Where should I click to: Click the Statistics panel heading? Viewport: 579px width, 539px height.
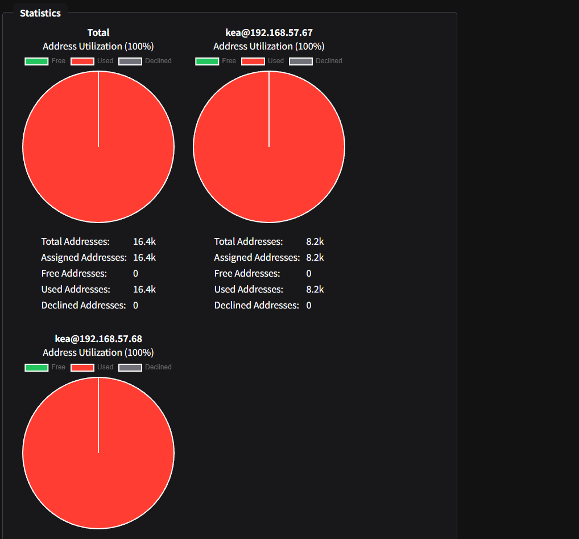[x=40, y=13]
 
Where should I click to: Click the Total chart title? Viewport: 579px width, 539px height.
[x=98, y=32]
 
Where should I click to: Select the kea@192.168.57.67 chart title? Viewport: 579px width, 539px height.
[x=269, y=32]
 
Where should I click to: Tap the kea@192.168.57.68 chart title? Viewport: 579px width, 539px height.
[x=98, y=339]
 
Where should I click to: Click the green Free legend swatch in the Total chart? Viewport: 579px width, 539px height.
[x=36, y=61]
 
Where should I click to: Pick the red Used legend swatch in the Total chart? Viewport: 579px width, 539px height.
[x=82, y=61]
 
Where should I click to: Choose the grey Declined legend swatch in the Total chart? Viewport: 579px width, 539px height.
[x=130, y=61]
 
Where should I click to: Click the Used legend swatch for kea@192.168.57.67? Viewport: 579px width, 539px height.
[x=253, y=61]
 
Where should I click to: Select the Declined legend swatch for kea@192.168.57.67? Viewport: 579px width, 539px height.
[x=301, y=61]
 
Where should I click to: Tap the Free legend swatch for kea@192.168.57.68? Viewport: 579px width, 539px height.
[x=36, y=367]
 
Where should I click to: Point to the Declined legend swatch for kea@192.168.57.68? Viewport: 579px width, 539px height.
[x=130, y=367]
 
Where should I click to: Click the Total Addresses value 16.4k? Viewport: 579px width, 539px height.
[x=144, y=241]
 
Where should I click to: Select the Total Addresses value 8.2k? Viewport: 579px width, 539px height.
[x=315, y=241]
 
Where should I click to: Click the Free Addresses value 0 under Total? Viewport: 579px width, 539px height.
[x=136, y=273]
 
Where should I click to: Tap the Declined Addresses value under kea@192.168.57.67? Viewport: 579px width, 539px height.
[x=309, y=305]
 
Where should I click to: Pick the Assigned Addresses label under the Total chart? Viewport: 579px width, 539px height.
[x=84, y=257]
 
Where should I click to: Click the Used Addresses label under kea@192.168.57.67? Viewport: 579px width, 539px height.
[x=249, y=289]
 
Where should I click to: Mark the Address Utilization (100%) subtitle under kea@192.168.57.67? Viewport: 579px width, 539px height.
[x=269, y=46]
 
